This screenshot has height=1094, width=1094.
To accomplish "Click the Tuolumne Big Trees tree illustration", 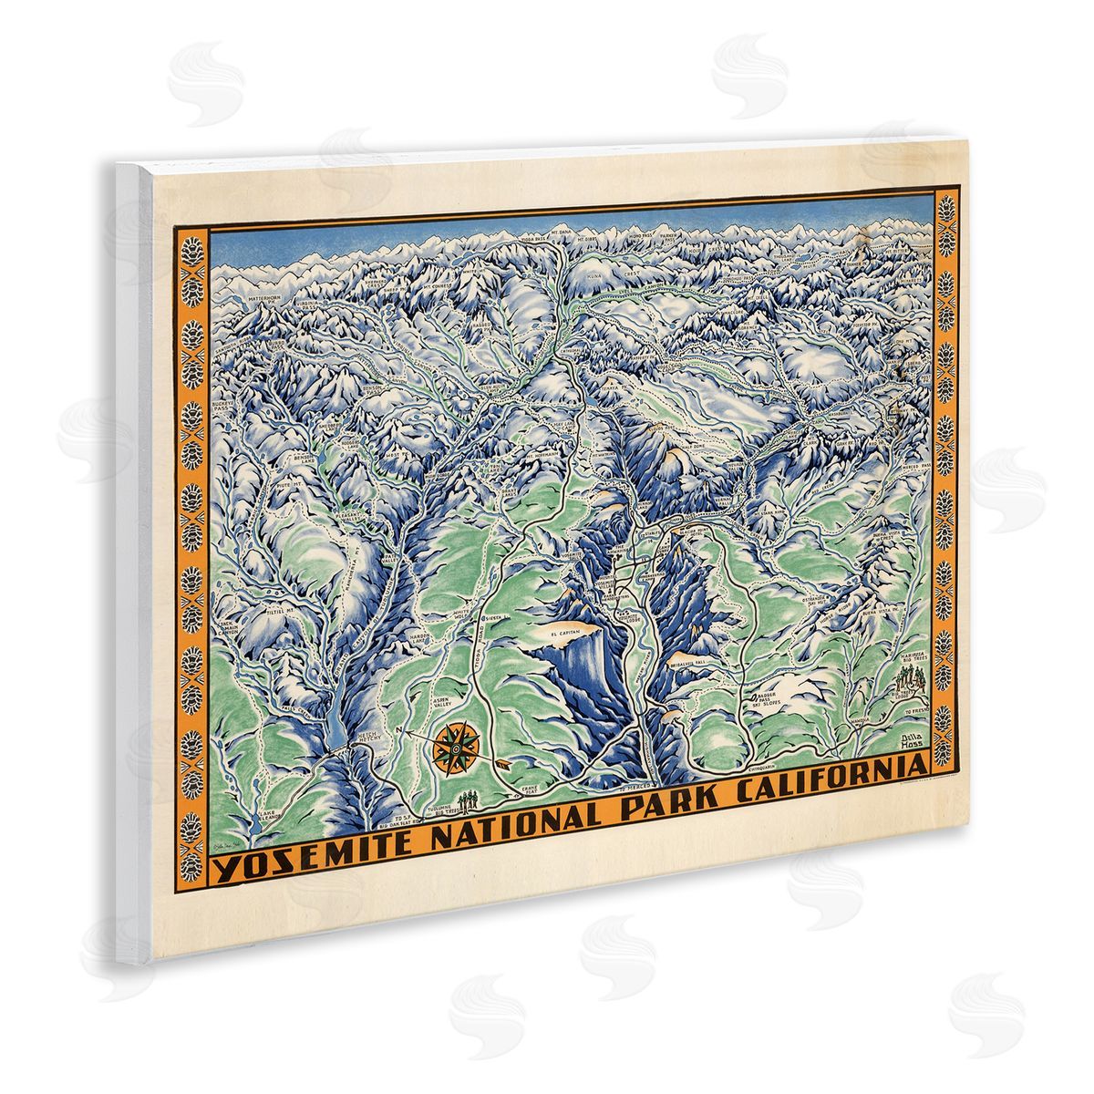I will pyautogui.click(x=470, y=800).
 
